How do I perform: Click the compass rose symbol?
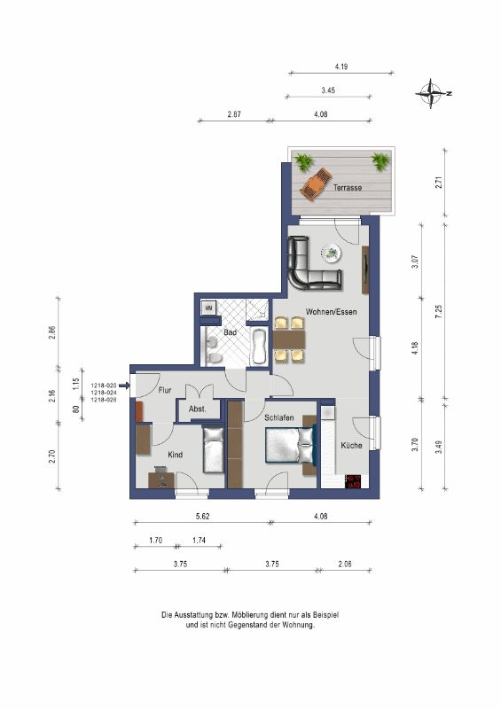tap(431, 94)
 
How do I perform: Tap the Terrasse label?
tap(348, 187)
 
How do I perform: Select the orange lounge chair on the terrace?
tap(316, 184)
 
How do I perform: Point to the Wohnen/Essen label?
tap(332, 312)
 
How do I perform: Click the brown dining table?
tap(289, 339)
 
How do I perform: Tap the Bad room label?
tap(230, 332)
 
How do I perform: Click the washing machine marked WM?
tap(208, 308)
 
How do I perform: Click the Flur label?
tap(165, 390)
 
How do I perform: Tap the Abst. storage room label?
tap(198, 409)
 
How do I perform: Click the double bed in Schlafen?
tap(290, 446)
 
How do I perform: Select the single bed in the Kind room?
tap(213, 450)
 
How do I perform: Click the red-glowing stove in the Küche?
tap(354, 481)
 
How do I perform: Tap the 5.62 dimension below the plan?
tap(202, 516)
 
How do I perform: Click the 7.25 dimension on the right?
tap(438, 312)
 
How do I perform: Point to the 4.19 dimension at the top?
tap(341, 66)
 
